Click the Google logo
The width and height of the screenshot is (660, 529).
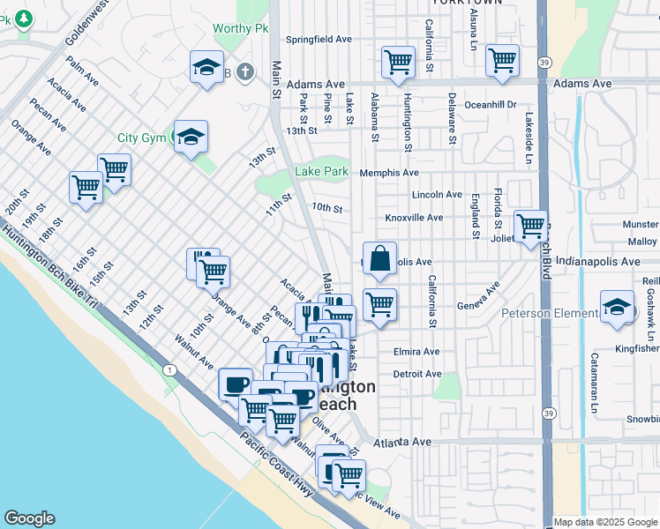tap(30, 518)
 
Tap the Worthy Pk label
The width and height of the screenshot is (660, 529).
tap(240, 29)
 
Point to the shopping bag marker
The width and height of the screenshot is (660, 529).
tap(379, 259)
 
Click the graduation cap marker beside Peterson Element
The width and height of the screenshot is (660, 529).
tap(617, 308)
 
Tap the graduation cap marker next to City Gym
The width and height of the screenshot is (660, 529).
tap(191, 138)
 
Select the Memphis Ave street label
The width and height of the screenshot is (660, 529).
tap(388, 173)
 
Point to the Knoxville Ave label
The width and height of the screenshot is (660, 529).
tap(414, 217)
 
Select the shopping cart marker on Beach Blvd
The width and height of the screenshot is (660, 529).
tap(530, 227)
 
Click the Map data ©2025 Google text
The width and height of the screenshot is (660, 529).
tap(605, 522)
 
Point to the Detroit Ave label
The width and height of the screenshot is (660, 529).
tap(416, 374)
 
